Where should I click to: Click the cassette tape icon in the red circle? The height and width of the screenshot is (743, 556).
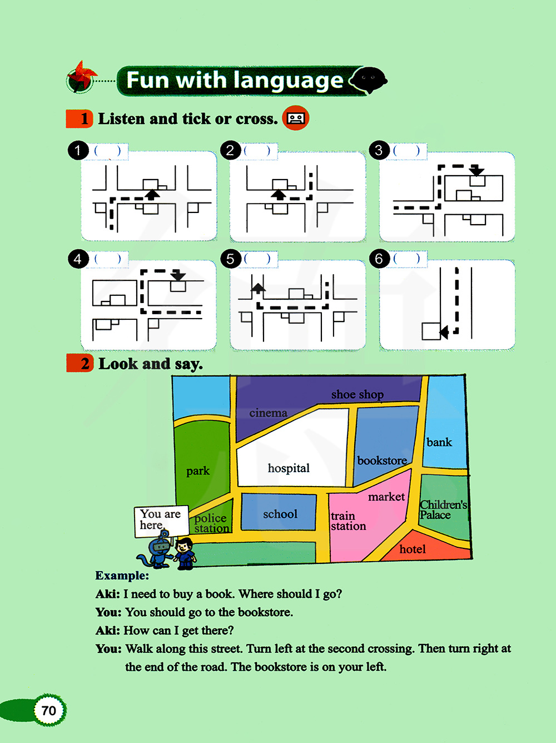point(295,118)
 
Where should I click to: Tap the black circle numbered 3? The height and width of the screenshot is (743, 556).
point(379,150)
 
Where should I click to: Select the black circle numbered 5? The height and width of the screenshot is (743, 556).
point(230,259)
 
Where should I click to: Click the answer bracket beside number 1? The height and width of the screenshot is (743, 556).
point(107,151)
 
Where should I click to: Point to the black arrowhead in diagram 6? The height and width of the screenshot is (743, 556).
point(444,332)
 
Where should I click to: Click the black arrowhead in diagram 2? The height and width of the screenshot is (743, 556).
point(279,194)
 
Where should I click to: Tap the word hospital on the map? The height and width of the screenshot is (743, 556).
point(289,468)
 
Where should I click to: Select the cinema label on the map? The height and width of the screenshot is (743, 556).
point(268,413)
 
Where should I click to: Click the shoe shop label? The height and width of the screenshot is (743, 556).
point(358,395)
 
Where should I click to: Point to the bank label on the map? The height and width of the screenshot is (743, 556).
point(439,442)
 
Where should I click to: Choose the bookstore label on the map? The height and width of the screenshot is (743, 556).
point(382,460)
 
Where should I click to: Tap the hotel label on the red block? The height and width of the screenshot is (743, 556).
point(412,549)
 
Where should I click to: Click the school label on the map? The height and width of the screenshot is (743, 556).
point(280,514)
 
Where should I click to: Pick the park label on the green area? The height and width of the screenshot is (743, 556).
point(198,471)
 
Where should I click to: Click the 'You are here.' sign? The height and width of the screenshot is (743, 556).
point(161,521)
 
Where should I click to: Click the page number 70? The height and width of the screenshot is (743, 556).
point(49,711)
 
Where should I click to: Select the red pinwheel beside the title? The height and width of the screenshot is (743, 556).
point(82,77)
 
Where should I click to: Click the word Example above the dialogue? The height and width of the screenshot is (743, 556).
point(122,576)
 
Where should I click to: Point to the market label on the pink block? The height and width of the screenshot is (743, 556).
point(386,497)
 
